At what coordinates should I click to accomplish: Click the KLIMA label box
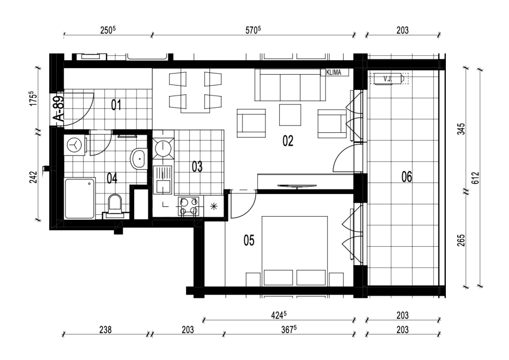point(335,73)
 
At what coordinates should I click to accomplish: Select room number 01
point(116,105)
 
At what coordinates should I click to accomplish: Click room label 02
point(288,141)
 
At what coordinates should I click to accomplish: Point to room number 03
point(197,167)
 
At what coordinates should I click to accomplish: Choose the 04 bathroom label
point(112,178)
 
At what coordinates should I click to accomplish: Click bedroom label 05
point(249,241)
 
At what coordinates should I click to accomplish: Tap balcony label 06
point(407,177)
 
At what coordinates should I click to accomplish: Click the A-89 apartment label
point(60,109)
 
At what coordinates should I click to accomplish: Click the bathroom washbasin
point(139,159)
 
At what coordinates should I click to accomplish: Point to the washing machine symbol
point(76,145)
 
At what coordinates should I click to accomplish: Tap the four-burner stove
point(188,206)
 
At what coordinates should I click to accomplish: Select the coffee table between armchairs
point(290,114)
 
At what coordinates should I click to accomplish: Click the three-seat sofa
point(290,85)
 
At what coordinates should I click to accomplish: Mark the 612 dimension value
point(476,178)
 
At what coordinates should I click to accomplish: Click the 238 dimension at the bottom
point(105,330)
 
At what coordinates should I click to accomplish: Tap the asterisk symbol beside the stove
point(214,206)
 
